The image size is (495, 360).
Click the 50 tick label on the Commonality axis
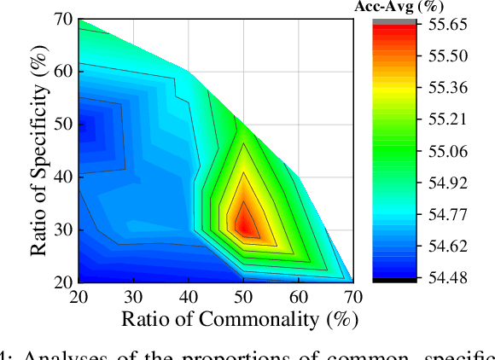243,297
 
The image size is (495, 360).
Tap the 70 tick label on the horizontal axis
352,297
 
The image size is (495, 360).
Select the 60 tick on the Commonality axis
298,297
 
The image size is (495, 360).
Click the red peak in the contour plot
245,224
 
